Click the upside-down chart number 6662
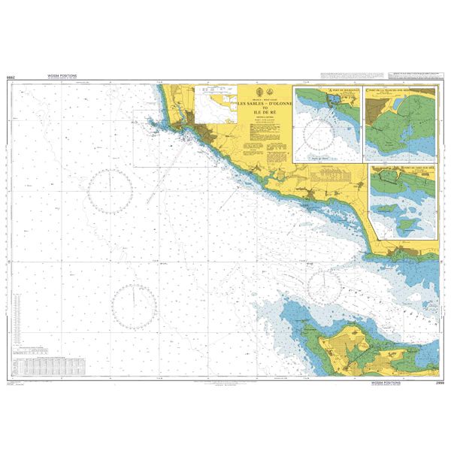pos(11,77)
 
